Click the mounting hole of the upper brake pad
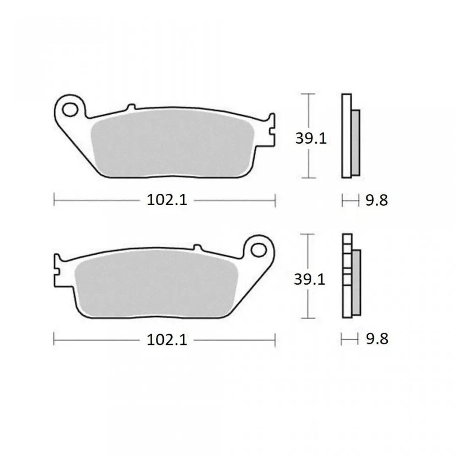70,109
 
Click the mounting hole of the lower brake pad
258,250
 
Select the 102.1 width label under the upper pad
167,200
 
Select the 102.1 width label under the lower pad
167,339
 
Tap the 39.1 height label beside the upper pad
311,138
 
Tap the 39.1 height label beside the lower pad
309,279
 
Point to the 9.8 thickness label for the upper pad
377,201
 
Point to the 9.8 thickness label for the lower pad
377,339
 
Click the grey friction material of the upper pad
172,144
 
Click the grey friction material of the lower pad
156,284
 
